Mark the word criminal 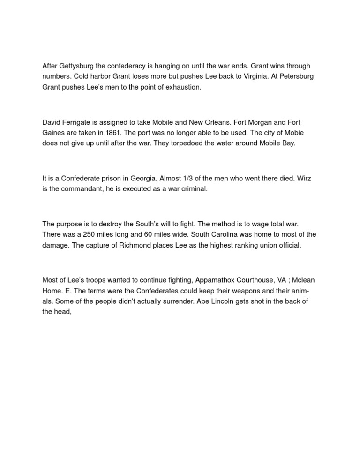point(192,189)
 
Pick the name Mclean point(303,280)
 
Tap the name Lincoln point(225,301)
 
